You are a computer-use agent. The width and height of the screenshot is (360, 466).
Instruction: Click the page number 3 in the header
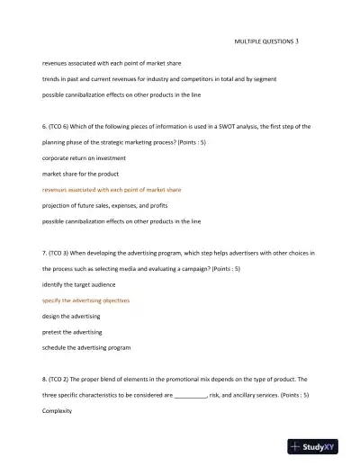click(x=298, y=41)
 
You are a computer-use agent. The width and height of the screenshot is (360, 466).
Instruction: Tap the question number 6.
click(x=45, y=127)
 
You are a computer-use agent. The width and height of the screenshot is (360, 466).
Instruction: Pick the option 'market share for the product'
click(x=81, y=174)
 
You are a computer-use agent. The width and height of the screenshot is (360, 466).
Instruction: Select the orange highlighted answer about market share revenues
click(x=112, y=190)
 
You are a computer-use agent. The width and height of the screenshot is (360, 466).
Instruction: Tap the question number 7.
click(x=45, y=254)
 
